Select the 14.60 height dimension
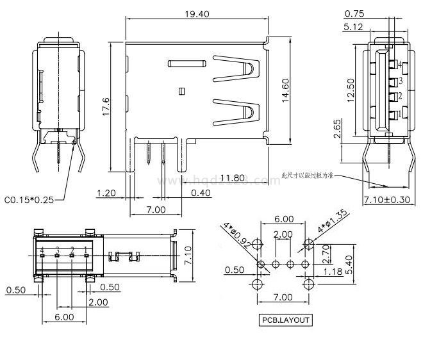pyautogui.click(x=286, y=90)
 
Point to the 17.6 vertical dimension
pyautogui.click(x=107, y=106)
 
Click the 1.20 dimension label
pyautogui.click(x=106, y=193)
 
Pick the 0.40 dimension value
pyautogui.click(x=201, y=193)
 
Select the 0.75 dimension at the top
pyautogui.click(x=354, y=13)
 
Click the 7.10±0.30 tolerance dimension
pyautogui.click(x=386, y=200)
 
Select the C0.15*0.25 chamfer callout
pyautogui.click(x=28, y=200)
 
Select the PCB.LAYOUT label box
pyautogui.click(x=285, y=320)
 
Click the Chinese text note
pyautogui.click(x=308, y=175)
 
